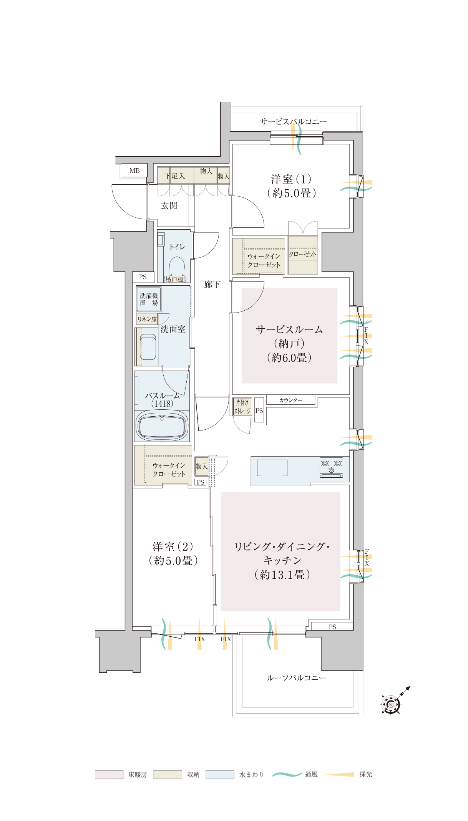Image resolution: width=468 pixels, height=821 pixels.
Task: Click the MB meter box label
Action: pos(134,171)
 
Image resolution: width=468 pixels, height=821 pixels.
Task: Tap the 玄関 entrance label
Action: pos(169,206)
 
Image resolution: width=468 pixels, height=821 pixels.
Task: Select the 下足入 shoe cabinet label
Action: pos(175,176)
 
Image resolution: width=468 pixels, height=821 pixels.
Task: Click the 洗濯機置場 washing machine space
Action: pos(149,299)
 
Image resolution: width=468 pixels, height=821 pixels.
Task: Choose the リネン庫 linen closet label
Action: pos(147,319)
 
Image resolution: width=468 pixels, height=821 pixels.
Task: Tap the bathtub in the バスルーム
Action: pos(162,426)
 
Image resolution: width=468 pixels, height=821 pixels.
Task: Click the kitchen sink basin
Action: pos(272,468)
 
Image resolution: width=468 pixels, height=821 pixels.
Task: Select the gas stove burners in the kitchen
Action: pos(331,467)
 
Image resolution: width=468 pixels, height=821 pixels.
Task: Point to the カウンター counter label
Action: pos(291,400)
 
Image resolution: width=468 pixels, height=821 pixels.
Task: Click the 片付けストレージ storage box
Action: pos(242,407)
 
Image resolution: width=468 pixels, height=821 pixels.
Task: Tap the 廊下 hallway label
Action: pos(212,284)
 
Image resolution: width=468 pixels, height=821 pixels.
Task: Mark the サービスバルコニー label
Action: pos(294,121)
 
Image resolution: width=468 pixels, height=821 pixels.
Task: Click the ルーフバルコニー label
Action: pos(297,678)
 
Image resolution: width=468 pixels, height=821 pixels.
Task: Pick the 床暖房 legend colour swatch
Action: pos(109,775)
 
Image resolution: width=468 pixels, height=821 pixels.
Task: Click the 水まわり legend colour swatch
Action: pos(220,775)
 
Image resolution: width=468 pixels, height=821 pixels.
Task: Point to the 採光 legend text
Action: pos(366,775)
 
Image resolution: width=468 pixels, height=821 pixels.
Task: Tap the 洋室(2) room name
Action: pos(173,546)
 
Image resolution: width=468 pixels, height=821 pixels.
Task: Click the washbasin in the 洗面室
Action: pos(148,347)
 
